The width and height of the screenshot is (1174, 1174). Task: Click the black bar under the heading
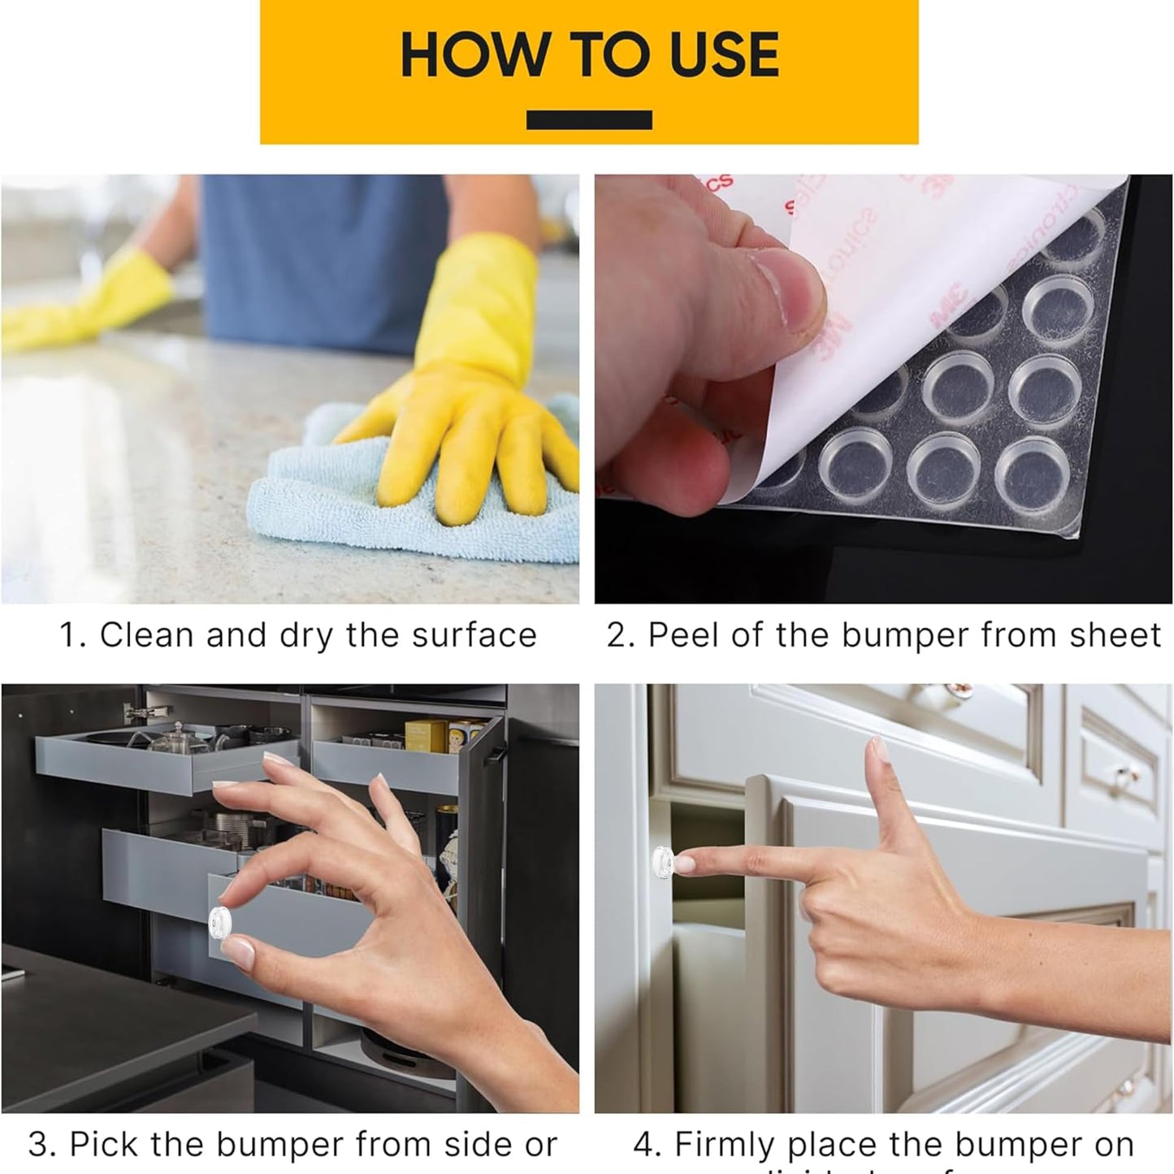tap(589, 120)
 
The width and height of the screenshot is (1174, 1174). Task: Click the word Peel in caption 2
tap(685, 635)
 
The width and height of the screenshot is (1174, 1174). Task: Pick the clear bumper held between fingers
tap(220, 921)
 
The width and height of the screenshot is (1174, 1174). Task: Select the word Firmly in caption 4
tap(725, 1145)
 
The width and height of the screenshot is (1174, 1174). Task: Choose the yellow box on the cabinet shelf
tap(424, 736)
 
